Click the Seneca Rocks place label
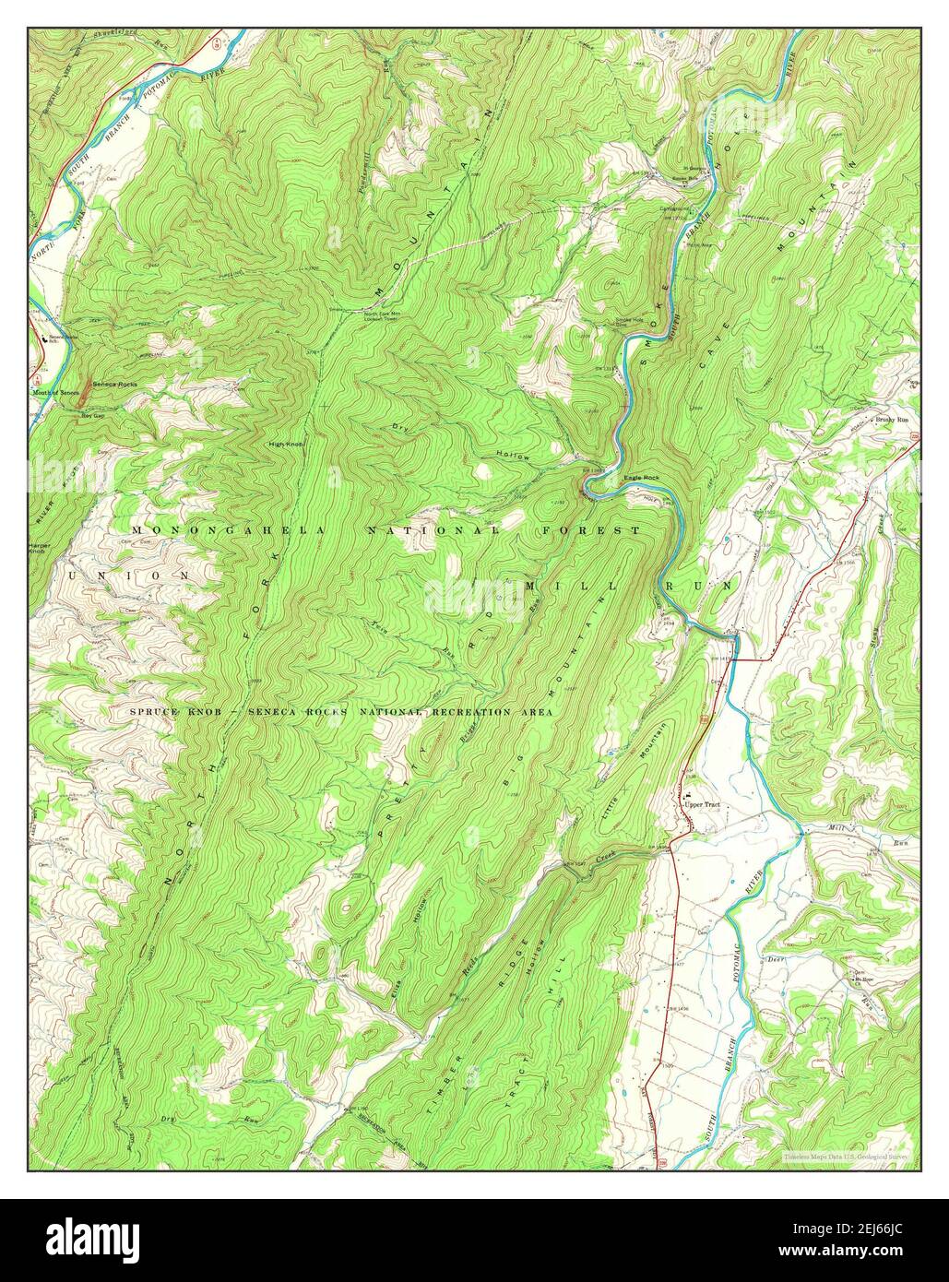(114, 383)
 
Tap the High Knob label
(286, 445)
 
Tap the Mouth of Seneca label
(53, 393)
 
